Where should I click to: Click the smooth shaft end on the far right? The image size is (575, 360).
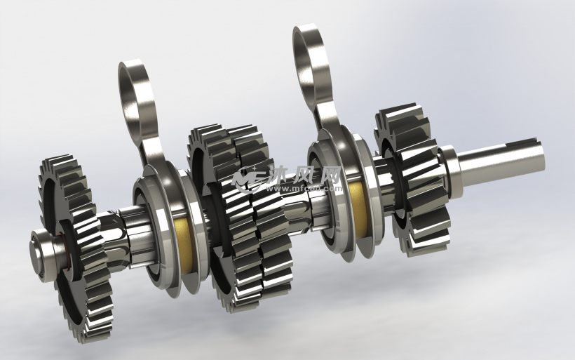click(505, 159)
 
